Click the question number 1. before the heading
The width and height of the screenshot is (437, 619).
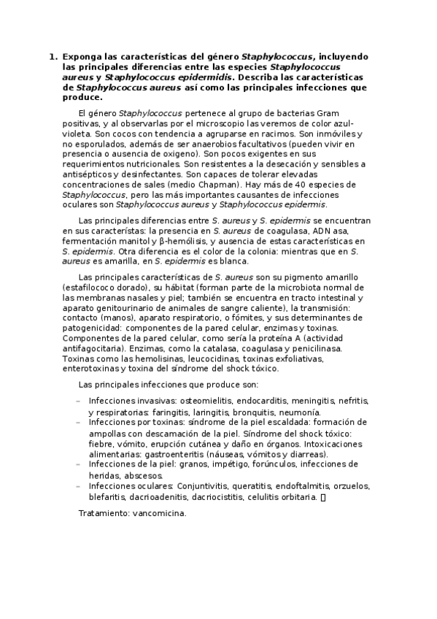coord(53,55)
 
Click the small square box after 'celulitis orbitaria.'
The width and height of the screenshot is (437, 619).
coord(323,497)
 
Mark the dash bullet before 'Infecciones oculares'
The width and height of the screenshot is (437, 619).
coord(79,486)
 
